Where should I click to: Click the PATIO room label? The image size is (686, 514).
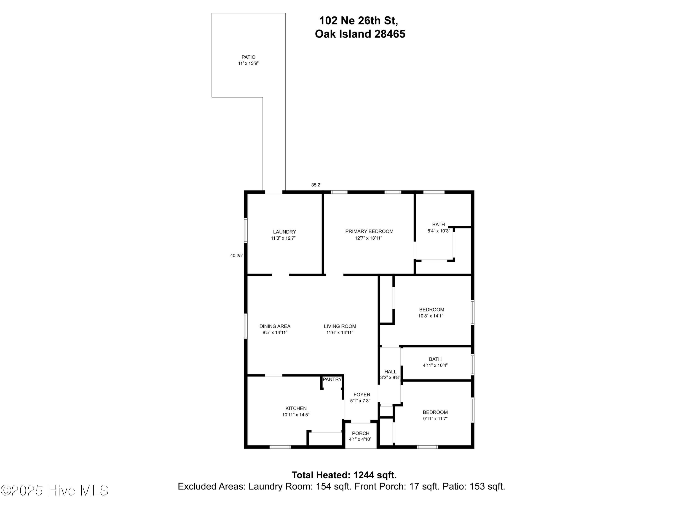click(248, 57)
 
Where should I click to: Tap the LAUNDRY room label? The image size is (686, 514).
click(284, 232)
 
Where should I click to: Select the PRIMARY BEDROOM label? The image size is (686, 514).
click(369, 231)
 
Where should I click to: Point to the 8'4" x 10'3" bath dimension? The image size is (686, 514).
click(438, 231)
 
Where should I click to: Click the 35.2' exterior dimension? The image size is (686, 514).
click(316, 185)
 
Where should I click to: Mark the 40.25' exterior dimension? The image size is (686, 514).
click(236, 256)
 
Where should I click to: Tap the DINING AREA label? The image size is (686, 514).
click(275, 326)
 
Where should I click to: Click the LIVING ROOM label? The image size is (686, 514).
click(340, 326)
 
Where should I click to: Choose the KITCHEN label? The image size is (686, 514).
click(296, 408)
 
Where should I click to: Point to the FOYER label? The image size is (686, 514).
click(362, 394)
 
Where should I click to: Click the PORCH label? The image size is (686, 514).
click(360, 433)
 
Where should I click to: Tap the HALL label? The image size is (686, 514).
click(390, 371)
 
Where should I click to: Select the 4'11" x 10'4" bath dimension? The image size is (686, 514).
click(435, 365)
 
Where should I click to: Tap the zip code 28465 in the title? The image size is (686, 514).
click(389, 34)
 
